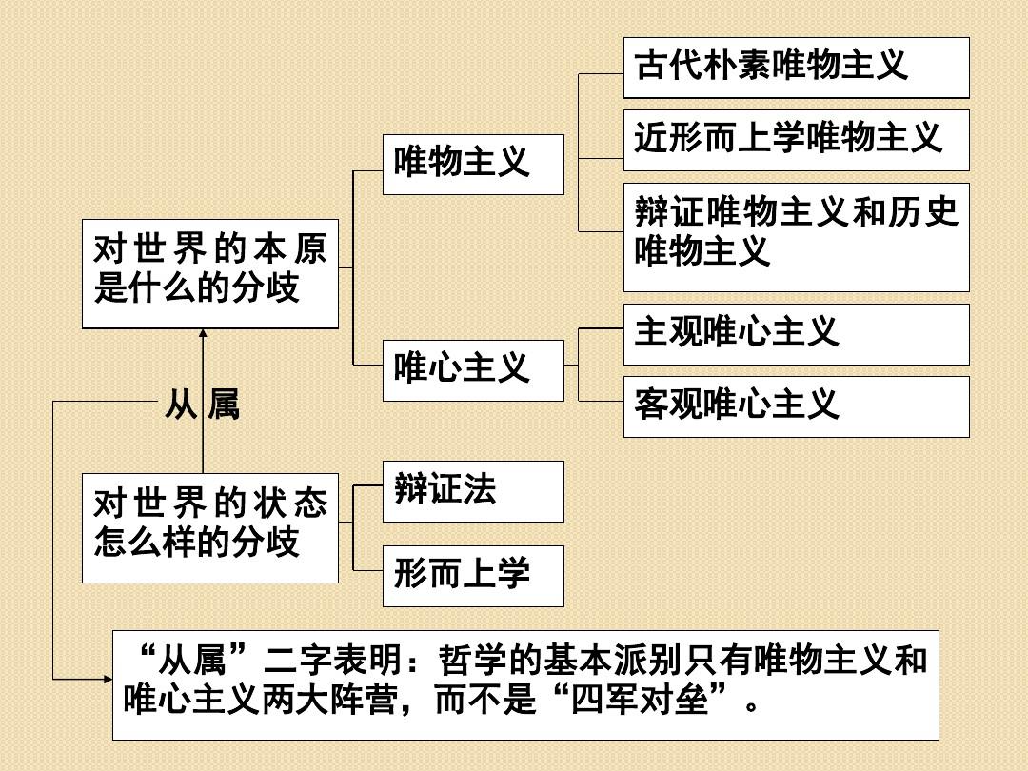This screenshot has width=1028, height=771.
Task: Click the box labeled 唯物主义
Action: [x=473, y=165]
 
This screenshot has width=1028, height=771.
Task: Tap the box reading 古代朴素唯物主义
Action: [x=796, y=68]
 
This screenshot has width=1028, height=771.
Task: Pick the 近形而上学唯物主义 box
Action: [x=796, y=141]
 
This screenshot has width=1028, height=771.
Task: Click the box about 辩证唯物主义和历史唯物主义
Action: [x=796, y=237]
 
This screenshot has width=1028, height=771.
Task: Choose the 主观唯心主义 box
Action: [x=796, y=334]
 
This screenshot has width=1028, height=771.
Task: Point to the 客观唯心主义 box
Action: [x=796, y=406]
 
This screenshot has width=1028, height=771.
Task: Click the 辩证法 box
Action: [x=473, y=491]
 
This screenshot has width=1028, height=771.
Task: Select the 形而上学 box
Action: [x=473, y=576]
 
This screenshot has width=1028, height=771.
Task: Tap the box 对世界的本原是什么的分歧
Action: [x=210, y=270]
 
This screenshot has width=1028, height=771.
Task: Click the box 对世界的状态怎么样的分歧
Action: [x=210, y=527]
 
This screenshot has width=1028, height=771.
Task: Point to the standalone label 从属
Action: [x=202, y=406]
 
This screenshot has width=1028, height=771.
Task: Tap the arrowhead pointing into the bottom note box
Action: [x=106, y=680]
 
